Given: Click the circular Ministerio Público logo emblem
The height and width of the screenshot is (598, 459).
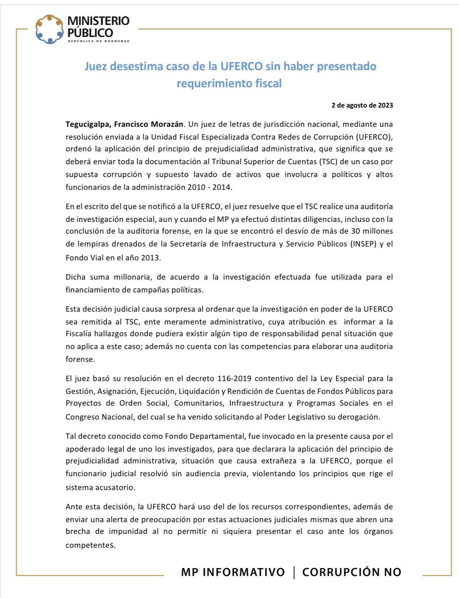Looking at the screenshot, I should pos(49,29).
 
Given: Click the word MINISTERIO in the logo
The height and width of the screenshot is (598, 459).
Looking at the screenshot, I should pos(99,21).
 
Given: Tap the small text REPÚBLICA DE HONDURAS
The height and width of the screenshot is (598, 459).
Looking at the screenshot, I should pos(99,41).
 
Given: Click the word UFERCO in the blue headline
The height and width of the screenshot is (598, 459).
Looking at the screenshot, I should pos(242,66).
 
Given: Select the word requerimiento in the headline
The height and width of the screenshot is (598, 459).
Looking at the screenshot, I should pos(215,83).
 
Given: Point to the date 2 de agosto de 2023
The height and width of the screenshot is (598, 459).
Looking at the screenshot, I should pos(362,105).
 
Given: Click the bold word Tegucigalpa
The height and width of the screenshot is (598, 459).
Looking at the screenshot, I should pos(88,124).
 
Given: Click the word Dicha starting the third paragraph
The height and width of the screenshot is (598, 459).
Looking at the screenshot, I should pos(75,277).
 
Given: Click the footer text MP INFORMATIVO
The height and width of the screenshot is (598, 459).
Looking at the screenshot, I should pos(233,572).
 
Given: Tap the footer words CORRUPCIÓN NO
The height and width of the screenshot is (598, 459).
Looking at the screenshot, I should pos(352,572).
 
